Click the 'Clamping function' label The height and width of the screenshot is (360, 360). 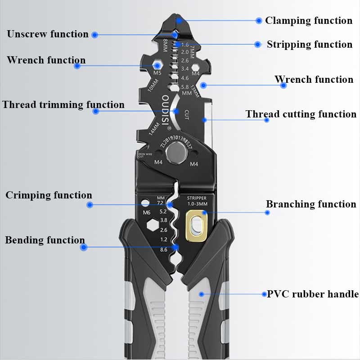[308, 21]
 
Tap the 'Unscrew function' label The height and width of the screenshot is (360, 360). [48, 34]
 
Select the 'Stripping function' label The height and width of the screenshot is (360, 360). [309, 45]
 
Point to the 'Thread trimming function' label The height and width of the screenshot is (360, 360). [63, 105]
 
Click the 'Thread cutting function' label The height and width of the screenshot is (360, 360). [301, 114]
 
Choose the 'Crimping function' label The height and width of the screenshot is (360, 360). [49, 195]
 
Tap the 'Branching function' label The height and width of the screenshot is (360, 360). [311, 204]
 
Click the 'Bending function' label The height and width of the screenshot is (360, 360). [45, 240]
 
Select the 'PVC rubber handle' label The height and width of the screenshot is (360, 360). [313, 294]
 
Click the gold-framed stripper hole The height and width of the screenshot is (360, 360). [197, 225]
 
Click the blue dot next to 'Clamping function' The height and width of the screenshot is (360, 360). [259, 21]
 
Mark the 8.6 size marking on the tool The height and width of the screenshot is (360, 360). [164, 249]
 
